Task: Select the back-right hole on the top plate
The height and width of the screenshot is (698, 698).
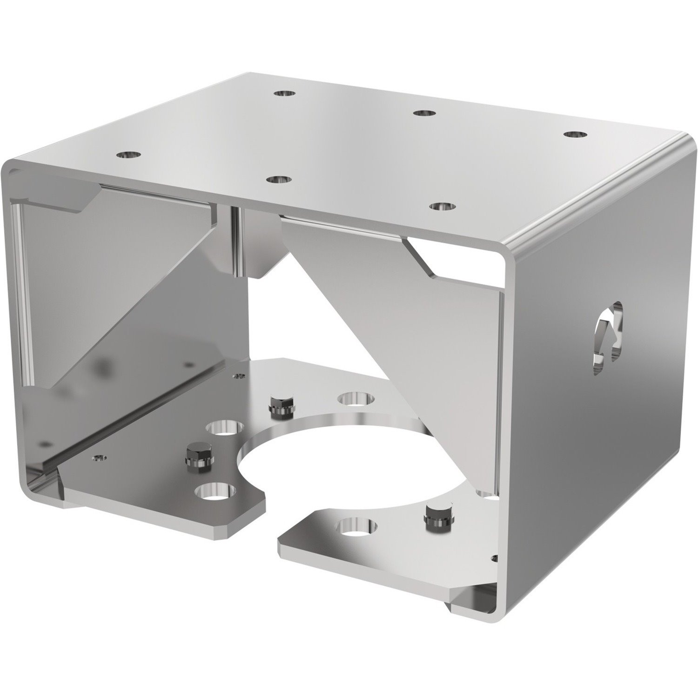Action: click(575, 134)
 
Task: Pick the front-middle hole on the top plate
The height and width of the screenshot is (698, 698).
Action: click(279, 179)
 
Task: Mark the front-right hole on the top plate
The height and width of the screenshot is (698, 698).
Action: click(443, 205)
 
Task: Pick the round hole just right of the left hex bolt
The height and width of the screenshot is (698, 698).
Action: click(225, 428)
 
